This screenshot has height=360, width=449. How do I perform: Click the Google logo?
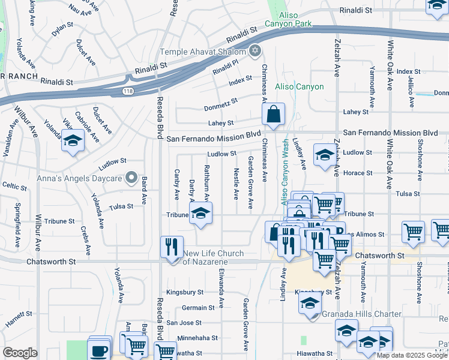(x=20, y=353)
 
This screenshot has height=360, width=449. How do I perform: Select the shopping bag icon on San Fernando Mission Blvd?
(x=273, y=114)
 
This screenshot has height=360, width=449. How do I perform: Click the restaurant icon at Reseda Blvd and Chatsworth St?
(x=172, y=247)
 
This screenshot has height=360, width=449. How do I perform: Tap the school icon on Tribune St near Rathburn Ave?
(x=201, y=214)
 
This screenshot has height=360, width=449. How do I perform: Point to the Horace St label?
(x=359, y=173)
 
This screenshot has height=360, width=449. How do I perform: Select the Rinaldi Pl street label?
(x=228, y=64)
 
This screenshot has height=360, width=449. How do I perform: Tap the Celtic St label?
(x=14, y=186)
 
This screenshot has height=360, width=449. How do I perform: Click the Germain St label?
(x=198, y=308)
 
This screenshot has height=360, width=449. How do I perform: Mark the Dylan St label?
(x=62, y=29)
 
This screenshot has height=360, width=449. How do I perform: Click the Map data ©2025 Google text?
(x=412, y=355)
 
